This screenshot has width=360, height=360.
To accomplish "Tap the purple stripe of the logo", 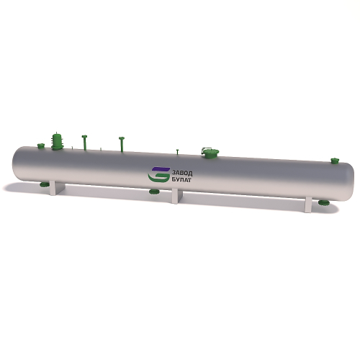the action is tap(161, 169).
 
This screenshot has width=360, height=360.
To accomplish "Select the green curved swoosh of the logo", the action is tap(158, 177).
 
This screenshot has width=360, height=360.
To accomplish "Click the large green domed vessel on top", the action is tap(58, 140).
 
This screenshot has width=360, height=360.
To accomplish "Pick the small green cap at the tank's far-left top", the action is tap(41, 145).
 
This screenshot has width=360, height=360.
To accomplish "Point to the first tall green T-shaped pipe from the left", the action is tap(84, 143).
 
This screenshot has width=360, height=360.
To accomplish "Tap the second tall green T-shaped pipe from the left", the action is tap(122, 144).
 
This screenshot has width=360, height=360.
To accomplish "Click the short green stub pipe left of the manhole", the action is tap(178, 152).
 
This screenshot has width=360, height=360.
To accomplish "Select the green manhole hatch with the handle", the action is tap(210, 153).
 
